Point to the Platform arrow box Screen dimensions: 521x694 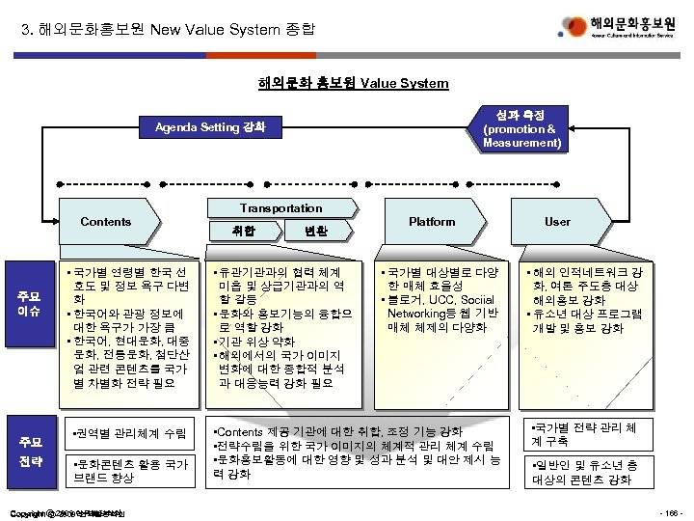pos(432,222)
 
